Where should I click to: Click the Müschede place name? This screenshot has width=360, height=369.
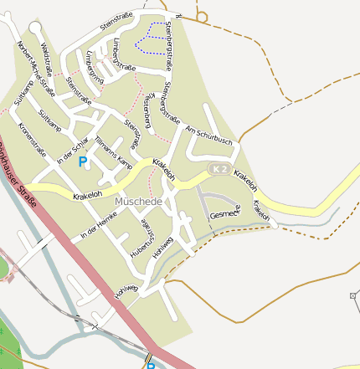pos(138,202)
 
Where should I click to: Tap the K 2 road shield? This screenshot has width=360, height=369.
pos(219,170)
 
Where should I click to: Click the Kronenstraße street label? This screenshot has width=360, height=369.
pos(32,139)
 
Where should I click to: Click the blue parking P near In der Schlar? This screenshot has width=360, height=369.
pos(83,161)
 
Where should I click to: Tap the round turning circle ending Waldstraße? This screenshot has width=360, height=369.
pos(34,28)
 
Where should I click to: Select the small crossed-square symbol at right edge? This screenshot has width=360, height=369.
pos(353,296)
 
